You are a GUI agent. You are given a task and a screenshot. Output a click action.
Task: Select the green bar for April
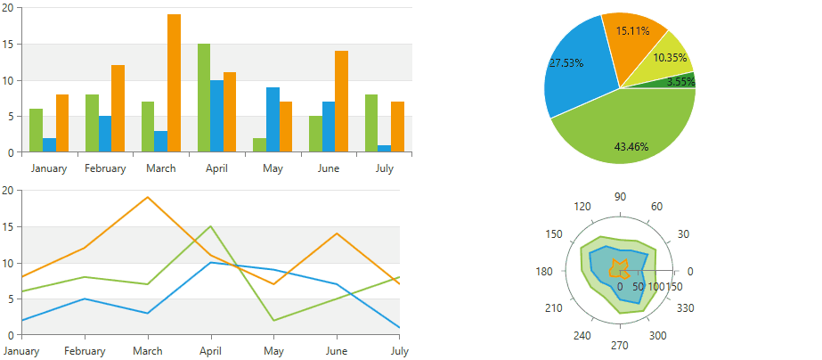pos(204,98)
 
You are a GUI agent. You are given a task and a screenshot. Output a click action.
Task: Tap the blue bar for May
pos(273,119)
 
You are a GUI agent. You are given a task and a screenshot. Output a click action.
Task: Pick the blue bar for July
pos(384,148)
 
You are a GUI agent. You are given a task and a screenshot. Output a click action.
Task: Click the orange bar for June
pos(341,102)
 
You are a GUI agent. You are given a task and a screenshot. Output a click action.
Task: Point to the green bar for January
pos(36,130)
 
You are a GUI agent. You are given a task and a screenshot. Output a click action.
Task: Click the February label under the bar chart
pos(105,168)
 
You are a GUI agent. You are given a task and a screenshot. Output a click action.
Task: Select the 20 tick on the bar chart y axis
pos(7,7)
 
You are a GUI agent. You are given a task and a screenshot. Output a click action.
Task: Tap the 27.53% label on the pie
pos(566,63)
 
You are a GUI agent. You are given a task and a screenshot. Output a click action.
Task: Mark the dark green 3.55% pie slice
pos(680,81)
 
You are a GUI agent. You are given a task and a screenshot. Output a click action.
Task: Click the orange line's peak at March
pos(148,197)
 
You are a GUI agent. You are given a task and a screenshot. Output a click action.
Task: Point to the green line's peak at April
pos(211,226)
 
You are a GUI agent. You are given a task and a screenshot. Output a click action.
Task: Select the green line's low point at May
pos(274,320)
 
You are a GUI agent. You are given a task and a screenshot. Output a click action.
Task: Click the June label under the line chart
pos(337,351)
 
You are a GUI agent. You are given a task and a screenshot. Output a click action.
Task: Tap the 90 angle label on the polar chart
pos(621,197)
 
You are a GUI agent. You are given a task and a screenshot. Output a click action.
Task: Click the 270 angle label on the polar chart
pos(621,346)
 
